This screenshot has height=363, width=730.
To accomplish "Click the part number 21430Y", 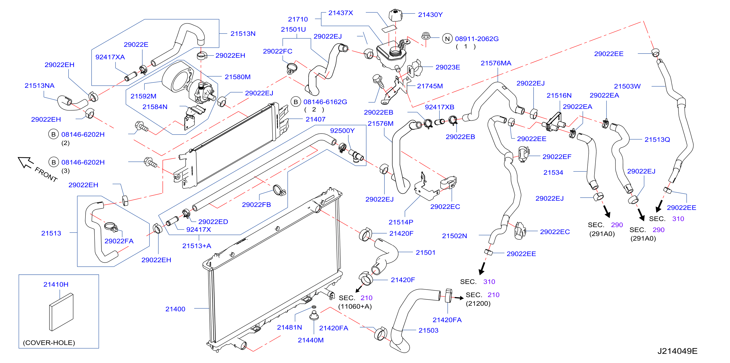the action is [430, 15].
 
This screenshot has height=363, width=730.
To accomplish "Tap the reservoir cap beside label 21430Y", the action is [395, 15].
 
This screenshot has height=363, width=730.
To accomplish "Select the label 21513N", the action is [243, 34].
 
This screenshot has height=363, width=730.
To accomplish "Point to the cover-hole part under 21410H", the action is [61, 312].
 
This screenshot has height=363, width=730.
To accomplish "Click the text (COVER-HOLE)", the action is [49, 343].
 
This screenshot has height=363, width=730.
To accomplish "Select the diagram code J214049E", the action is [677, 351].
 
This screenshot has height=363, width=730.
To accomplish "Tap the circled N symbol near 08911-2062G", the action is [447, 39].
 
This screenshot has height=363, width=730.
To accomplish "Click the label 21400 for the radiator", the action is [175, 309].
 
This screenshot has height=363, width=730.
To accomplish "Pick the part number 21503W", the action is [627, 86].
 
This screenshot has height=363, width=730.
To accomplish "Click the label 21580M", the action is [238, 77].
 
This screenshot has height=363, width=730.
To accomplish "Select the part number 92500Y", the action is [342, 131].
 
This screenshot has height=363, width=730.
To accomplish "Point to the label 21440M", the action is [311, 340].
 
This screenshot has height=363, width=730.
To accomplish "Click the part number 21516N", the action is [559, 96].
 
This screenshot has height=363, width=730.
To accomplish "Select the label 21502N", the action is [455, 236].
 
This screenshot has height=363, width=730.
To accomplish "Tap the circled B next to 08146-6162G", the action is [296, 102].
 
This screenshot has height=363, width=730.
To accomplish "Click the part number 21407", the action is [315, 119].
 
